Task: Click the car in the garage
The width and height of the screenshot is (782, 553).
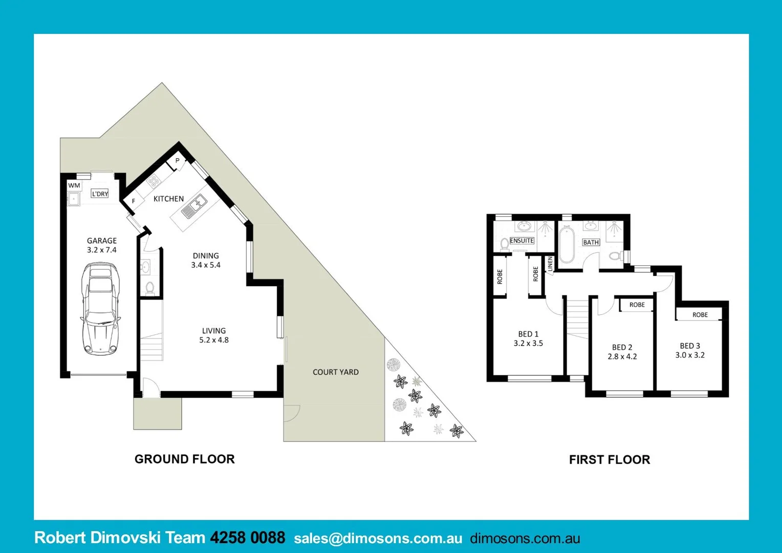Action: tap(101, 309)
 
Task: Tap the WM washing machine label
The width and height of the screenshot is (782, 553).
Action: tap(74, 185)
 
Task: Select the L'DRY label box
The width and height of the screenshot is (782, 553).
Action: tap(100, 194)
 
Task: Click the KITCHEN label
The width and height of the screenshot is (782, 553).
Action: tap(168, 199)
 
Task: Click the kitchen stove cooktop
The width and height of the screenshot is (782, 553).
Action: tap(153, 181)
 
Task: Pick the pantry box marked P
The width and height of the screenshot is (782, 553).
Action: tap(177, 161)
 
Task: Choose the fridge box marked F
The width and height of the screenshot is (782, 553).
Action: tap(134, 201)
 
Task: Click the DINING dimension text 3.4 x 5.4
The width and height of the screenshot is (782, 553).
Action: tap(206, 265)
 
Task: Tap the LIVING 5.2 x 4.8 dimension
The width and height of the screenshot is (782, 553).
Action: tap(214, 340)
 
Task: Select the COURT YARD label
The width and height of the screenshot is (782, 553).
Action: tap(336, 372)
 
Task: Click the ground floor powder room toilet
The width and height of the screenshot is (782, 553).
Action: tap(150, 288)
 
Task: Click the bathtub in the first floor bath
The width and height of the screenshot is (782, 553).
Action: tap(567, 245)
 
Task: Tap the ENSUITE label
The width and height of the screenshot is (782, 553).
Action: tap(522, 241)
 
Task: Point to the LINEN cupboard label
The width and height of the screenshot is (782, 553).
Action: tap(550, 264)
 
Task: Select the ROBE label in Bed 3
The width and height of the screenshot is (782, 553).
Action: tap(700, 315)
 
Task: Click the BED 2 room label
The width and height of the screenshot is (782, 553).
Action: tap(622, 347)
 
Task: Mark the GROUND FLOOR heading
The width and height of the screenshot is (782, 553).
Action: tap(185, 459)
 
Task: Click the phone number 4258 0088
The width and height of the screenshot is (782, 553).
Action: tap(248, 538)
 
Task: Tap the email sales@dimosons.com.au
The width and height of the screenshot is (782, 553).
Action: tap(378, 538)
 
